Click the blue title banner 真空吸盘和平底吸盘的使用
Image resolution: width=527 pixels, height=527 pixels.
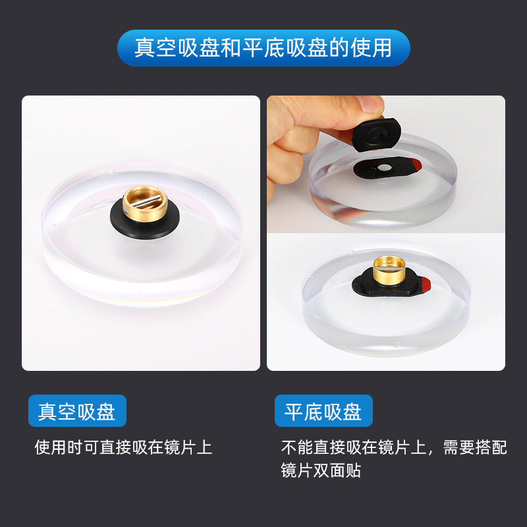click(263, 48)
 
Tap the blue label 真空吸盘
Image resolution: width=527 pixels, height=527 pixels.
click(77, 412)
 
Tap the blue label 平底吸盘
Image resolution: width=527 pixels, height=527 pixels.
click(323, 412)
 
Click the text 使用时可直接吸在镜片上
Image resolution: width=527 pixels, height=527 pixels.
click(123, 448)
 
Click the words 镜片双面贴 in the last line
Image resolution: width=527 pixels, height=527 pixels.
click(321, 472)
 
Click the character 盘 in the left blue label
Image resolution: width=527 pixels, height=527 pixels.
click(106, 412)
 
